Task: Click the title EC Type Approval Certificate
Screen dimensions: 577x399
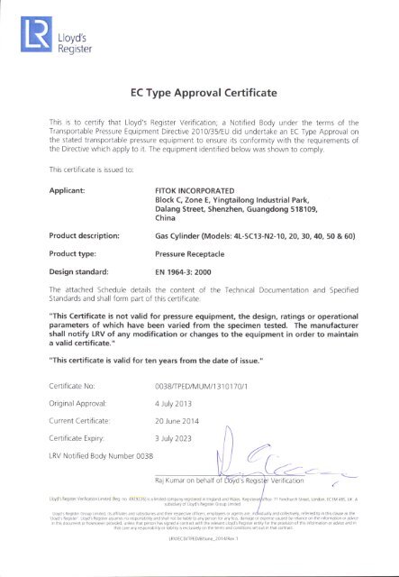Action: tap(199, 92)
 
